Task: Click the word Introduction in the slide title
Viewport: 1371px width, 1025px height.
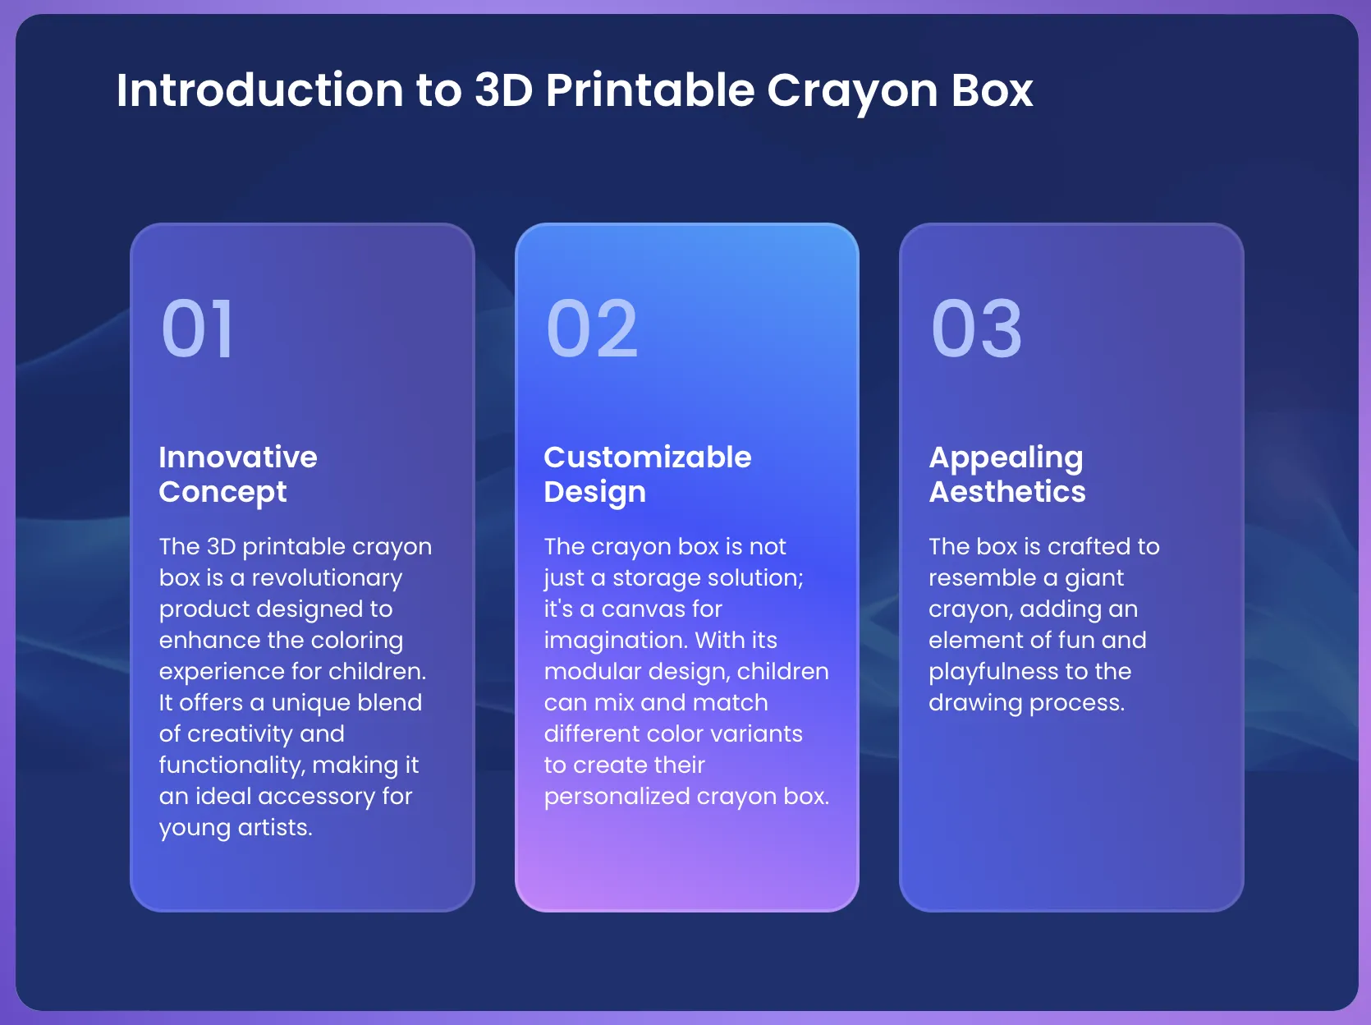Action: pyautogui.click(x=260, y=90)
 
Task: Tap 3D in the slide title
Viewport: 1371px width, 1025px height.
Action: pyautogui.click(x=503, y=90)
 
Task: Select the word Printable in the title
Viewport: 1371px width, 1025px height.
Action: pyautogui.click(x=650, y=90)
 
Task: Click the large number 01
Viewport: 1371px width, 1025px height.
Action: pyautogui.click(x=197, y=328)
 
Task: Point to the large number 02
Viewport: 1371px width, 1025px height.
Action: pyautogui.click(x=591, y=328)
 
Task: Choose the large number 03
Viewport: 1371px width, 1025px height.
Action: pyautogui.click(x=976, y=328)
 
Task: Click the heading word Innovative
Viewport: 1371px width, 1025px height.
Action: pyautogui.click(x=238, y=457)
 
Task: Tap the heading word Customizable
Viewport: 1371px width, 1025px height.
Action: pyautogui.click(x=648, y=457)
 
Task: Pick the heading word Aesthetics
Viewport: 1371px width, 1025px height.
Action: pyautogui.click(x=1007, y=492)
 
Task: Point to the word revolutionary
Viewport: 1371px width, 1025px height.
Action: pyautogui.click(x=327, y=578)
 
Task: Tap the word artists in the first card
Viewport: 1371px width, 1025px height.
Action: pyautogui.click(x=275, y=828)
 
